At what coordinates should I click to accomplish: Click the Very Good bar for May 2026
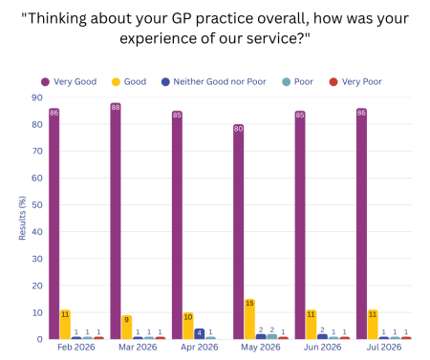238,231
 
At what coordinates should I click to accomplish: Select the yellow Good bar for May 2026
249,319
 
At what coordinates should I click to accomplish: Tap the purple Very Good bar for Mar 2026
116,221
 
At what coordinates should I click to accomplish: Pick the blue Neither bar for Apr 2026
199,333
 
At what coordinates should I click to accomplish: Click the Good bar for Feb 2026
65,325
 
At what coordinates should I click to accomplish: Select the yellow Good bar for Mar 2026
126,327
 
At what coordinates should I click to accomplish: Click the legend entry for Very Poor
355,82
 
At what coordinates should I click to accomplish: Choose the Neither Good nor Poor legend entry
214,82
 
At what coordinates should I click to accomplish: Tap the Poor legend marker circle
287,82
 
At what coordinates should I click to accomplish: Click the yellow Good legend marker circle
116,82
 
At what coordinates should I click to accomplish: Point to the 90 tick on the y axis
37,97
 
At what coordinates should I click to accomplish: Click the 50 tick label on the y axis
37,204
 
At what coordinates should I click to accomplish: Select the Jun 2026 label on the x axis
322,347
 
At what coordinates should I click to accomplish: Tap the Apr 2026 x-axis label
200,347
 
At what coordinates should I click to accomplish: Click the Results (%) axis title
22,218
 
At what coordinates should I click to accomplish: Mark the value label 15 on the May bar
249,303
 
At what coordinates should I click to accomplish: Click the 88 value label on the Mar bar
116,107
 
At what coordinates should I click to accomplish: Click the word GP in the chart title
182,18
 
